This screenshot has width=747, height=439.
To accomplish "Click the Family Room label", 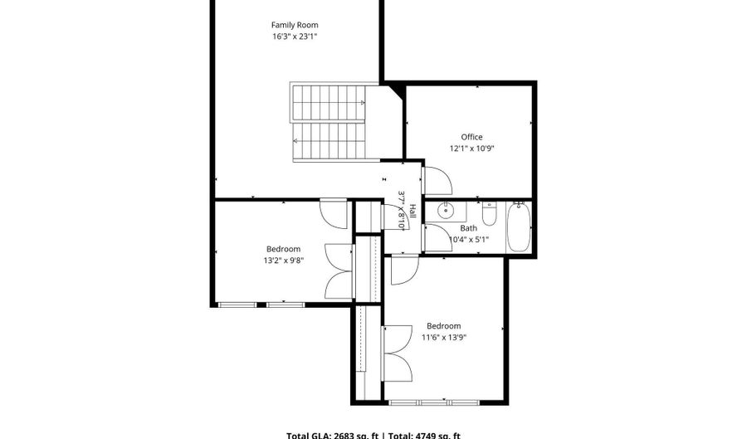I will tap(295, 25).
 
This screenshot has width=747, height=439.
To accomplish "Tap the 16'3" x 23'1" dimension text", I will tap(295, 37).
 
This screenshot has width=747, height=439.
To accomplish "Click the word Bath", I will tap(469, 228).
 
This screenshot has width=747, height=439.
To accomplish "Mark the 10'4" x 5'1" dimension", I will tap(469, 240).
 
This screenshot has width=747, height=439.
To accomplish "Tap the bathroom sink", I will tap(446, 208).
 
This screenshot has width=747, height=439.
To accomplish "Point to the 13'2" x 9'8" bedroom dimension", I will tap(283, 261).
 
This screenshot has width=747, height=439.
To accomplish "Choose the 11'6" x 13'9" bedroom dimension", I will tap(443, 338).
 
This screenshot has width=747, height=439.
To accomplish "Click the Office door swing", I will tap(437, 182).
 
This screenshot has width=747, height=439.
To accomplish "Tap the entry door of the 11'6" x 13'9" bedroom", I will tap(403, 270).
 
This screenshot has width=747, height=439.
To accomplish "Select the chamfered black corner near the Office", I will tap(395, 90).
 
